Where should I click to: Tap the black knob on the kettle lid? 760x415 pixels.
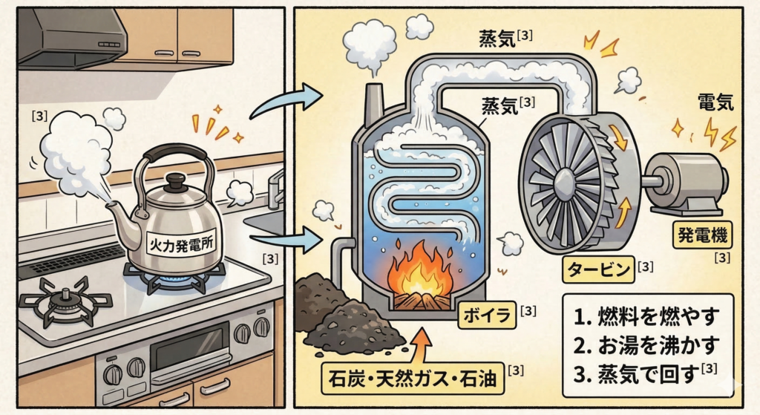[176, 182]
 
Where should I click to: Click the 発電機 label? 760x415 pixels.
[701, 237]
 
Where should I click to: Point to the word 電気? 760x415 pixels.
[715, 102]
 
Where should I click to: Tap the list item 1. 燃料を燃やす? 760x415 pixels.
[645, 318]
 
